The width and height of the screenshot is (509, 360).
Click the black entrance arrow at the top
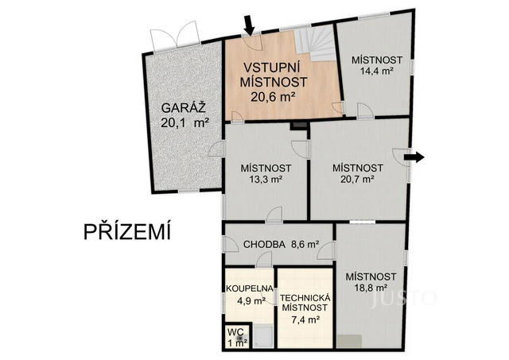249,24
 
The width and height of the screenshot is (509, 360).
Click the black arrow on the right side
414,157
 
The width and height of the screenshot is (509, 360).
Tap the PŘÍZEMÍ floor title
127,232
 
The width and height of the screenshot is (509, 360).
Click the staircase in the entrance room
315,45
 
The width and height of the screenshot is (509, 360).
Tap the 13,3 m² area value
266,180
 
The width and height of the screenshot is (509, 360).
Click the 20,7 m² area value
357,180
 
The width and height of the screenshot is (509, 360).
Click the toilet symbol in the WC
239,339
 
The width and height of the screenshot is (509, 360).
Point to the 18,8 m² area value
367,288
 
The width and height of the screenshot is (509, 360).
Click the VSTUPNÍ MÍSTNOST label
274,75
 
